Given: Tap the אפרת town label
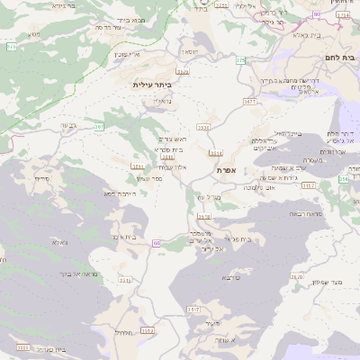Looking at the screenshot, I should (x=226, y=169).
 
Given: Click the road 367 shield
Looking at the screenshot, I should (x=99, y=126).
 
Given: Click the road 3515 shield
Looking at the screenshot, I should (x=193, y=309).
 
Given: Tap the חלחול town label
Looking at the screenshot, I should (x=124, y=333).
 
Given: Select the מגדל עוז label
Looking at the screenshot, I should (x=209, y=195).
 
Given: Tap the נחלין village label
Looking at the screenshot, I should (x=162, y=101).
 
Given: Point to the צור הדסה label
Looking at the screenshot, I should (x=108, y=28).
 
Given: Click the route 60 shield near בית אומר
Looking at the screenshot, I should (x=157, y=242).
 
